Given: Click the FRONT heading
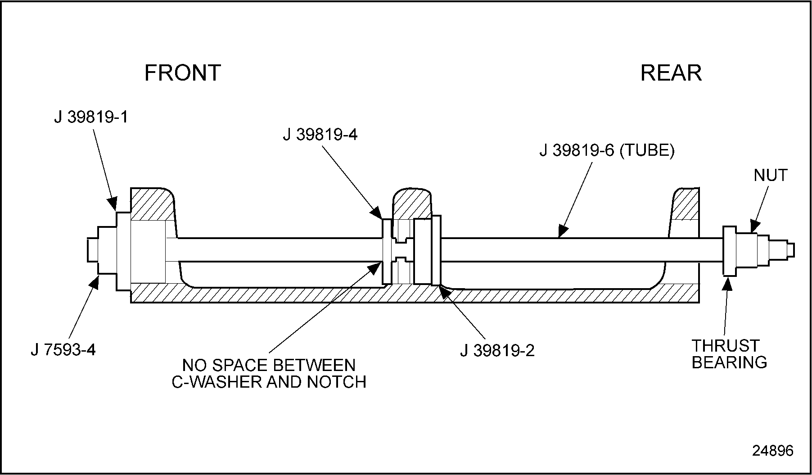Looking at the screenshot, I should [x=182, y=72].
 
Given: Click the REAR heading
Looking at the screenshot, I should [x=671, y=72].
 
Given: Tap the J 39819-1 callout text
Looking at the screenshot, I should [x=91, y=117].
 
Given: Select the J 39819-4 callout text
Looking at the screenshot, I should [x=320, y=135].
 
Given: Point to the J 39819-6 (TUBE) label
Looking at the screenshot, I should [x=607, y=151].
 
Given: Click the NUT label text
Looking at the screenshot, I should [x=771, y=175].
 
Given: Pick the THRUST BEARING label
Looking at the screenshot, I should [x=729, y=354].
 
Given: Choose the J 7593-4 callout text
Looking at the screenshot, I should [x=63, y=350].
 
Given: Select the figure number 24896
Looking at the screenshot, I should [x=773, y=451].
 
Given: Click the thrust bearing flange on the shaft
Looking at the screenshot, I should [x=729, y=251].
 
